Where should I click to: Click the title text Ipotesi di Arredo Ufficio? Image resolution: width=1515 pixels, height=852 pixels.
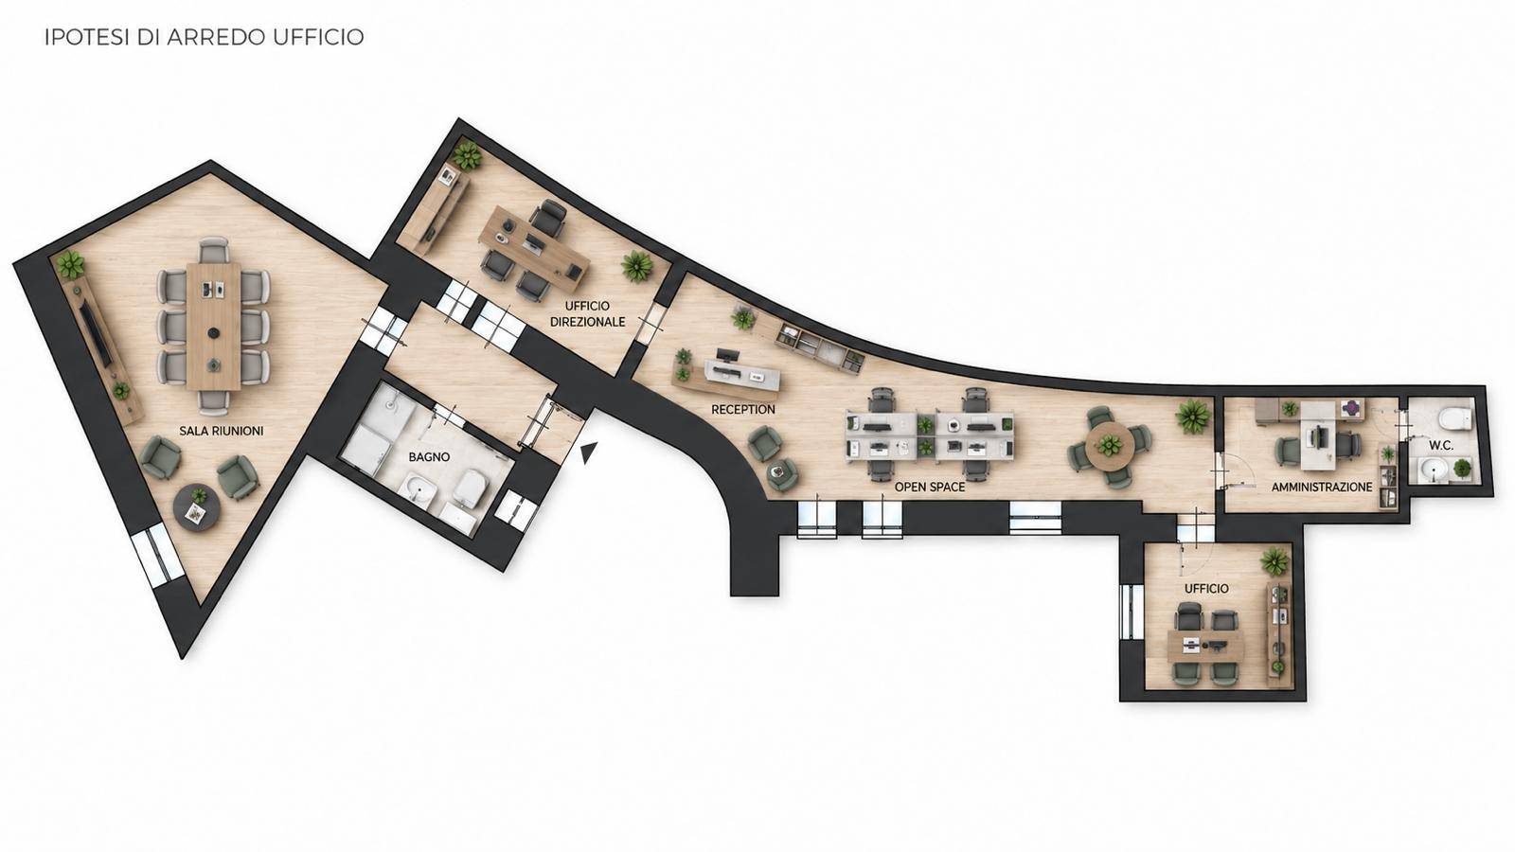click(x=205, y=37)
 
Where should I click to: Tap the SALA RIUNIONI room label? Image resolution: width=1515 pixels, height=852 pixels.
click(x=222, y=431)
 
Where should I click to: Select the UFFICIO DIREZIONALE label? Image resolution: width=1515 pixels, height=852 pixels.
click(x=587, y=314)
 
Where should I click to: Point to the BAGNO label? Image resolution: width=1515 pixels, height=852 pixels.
click(x=429, y=457)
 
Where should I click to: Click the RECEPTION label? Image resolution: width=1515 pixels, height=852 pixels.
click(x=743, y=410)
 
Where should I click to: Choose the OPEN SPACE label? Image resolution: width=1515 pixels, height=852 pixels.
click(x=930, y=487)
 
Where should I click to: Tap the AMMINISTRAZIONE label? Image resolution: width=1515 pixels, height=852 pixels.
click(x=1322, y=487)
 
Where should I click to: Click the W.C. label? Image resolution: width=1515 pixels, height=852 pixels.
click(x=1441, y=446)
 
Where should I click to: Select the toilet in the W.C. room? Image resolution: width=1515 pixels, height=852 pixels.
click(x=1454, y=417)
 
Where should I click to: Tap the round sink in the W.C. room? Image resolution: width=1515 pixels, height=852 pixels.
click(x=1434, y=470)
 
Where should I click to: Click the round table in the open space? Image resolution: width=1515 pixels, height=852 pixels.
click(x=1110, y=446)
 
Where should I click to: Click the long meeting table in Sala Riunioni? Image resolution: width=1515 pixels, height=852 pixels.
click(x=213, y=326)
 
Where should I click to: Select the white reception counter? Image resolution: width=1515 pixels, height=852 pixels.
click(x=742, y=375)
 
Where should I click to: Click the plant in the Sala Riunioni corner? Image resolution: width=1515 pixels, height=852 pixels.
click(x=70, y=264)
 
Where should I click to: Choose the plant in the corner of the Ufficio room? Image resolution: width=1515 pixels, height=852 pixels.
click(x=1274, y=561)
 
